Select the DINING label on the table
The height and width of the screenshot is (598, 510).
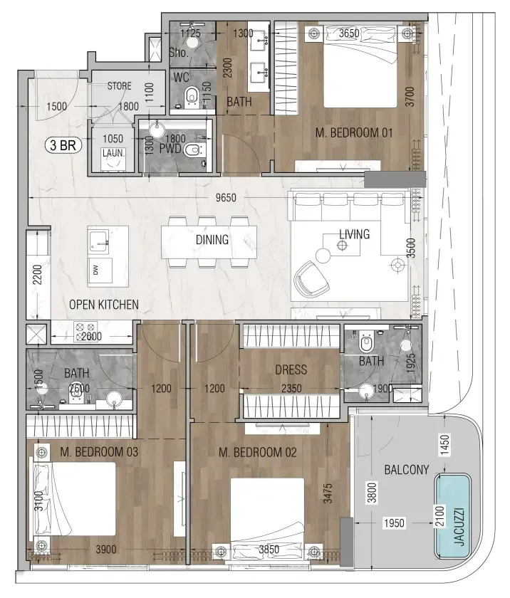212,240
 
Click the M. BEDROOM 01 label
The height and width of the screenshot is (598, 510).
354,132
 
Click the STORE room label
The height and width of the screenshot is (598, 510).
119,86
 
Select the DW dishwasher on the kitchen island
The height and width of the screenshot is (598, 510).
95,269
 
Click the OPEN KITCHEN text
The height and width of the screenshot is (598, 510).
104,305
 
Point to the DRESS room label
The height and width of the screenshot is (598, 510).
291,369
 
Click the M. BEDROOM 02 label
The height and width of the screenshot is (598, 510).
258,452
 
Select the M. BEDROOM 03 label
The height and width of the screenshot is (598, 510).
99,452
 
